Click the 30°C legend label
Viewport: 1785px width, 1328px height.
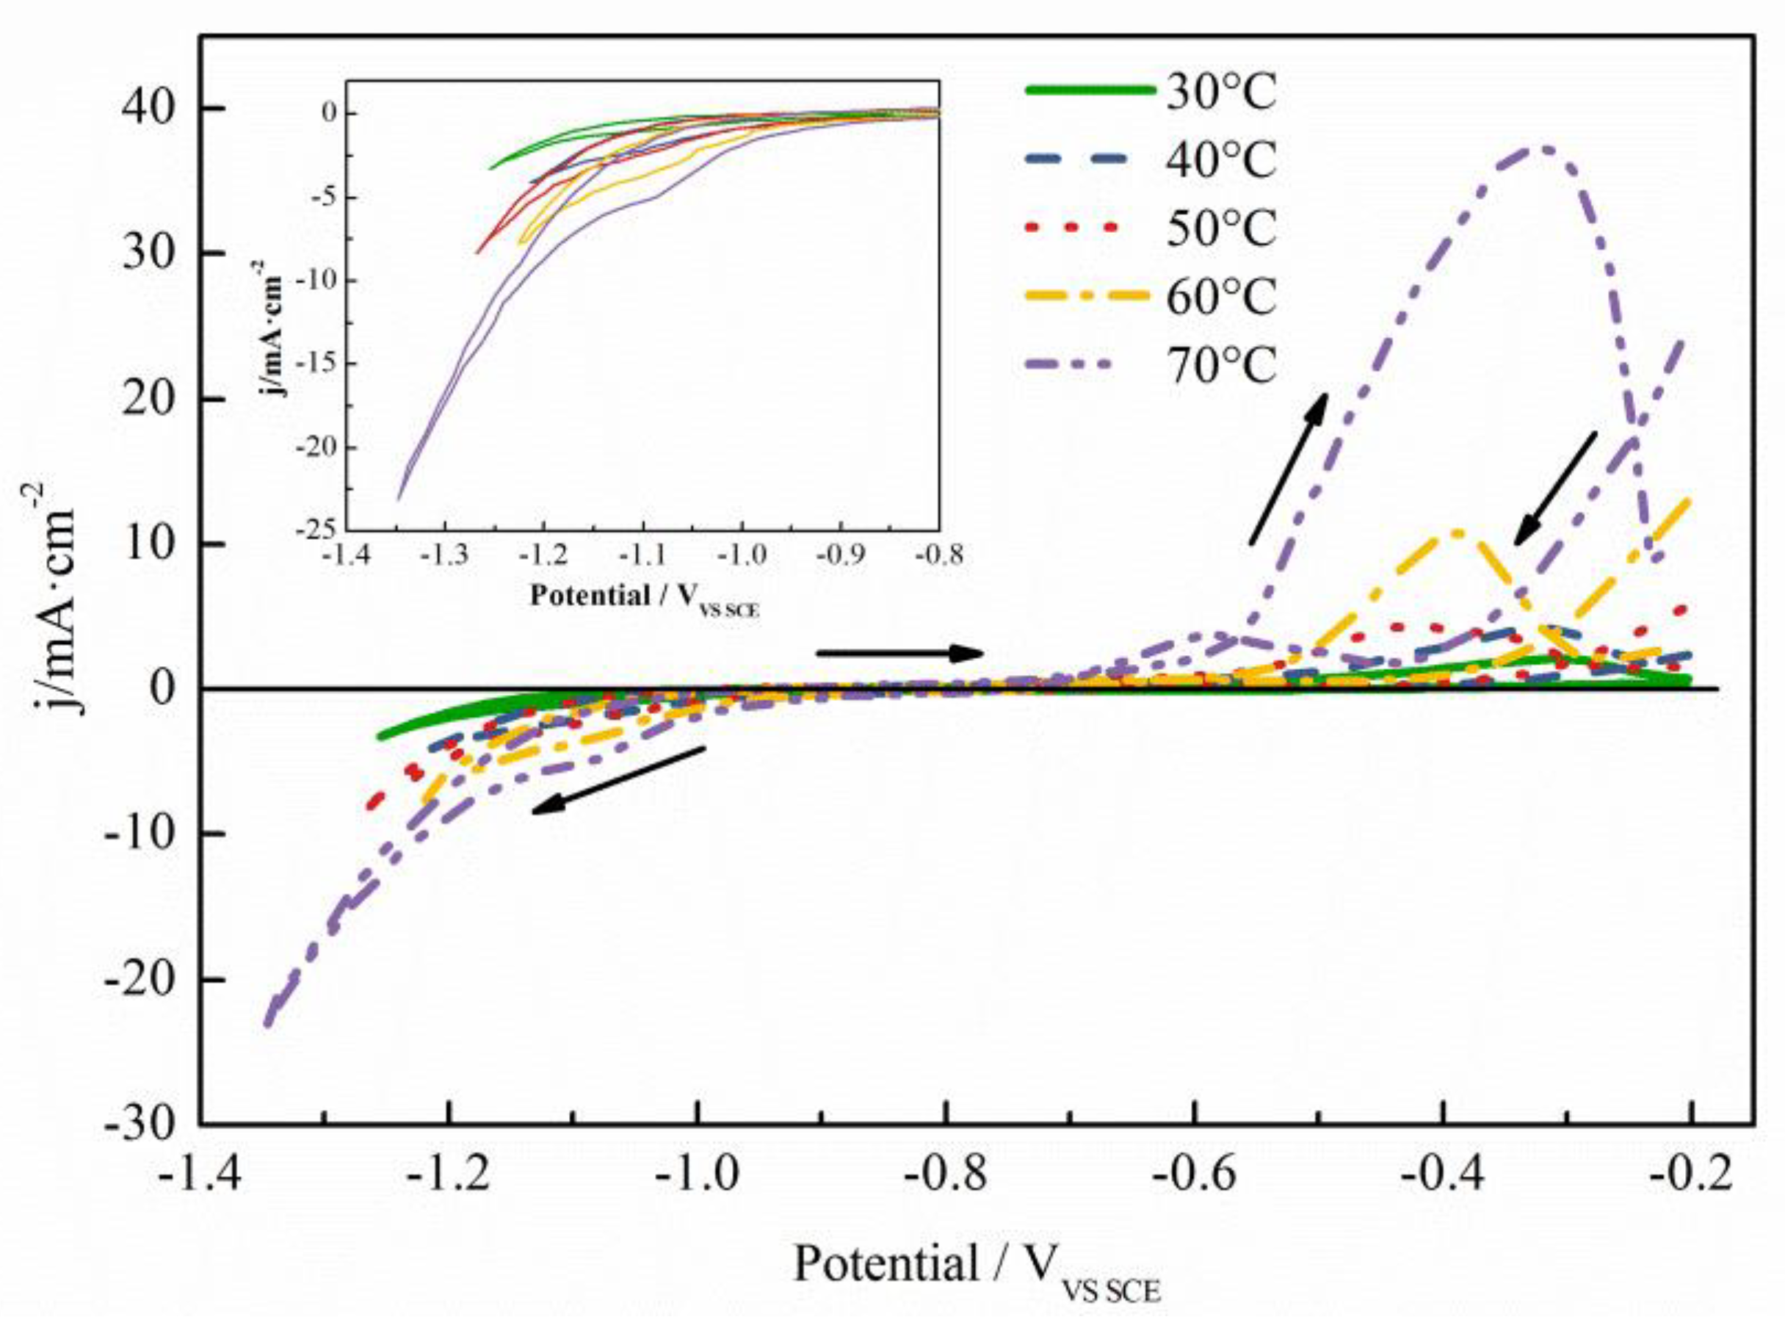[x=1221, y=94]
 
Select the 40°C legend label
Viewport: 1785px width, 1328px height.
[x=1221, y=161]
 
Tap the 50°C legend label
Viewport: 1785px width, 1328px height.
[x=1221, y=229]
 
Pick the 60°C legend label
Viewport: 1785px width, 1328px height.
[x=1221, y=297]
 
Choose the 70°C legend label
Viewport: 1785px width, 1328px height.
[x=1221, y=367]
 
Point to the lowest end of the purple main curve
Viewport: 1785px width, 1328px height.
[x=267, y=1023]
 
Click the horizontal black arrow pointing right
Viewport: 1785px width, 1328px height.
[x=900, y=654]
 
